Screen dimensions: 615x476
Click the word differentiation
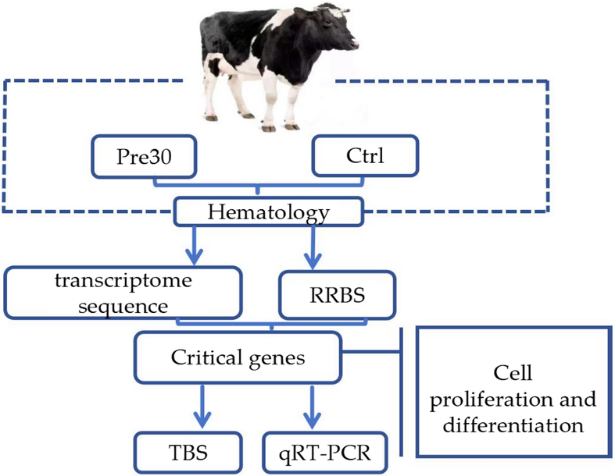513,425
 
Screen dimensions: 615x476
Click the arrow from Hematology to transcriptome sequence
194,245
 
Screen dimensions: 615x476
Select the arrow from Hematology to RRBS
313,247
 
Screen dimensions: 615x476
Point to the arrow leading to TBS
202,407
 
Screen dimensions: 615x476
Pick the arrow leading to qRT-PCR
313,407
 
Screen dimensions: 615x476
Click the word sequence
123,307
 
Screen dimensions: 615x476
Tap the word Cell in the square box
513,372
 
